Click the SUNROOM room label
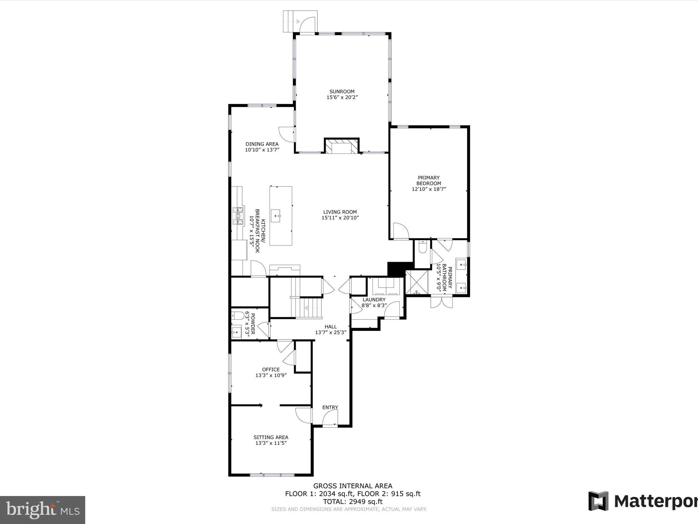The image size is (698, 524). [342, 91]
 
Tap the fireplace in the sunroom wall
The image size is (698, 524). [342, 147]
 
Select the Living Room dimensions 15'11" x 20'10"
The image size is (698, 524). [340, 218]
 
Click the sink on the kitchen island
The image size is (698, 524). [276, 216]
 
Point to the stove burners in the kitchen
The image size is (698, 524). [238, 216]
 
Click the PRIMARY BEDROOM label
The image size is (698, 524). [429, 180]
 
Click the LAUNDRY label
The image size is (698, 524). [374, 300]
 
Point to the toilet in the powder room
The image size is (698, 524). [237, 315]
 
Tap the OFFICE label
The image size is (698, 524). [271, 369]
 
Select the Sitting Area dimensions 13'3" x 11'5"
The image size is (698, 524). [271, 443]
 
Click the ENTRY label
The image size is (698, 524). [330, 407]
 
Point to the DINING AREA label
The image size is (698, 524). [262, 144]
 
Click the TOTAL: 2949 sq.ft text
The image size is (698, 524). [353, 501]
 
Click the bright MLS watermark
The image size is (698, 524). [42, 510]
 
